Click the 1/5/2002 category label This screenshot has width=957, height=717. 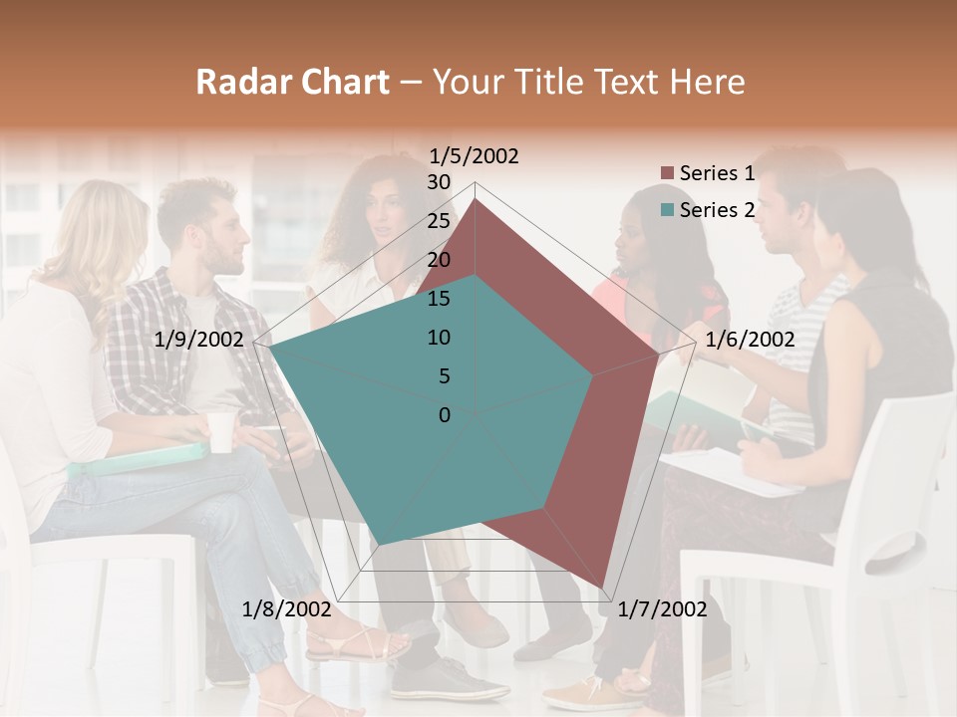(x=475, y=155)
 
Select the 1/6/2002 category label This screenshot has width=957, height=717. (x=750, y=340)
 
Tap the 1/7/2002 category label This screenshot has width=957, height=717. (x=662, y=609)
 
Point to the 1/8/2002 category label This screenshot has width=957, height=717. (x=286, y=609)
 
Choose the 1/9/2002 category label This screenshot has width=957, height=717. (x=199, y=340)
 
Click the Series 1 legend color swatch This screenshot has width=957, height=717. (x=667, y=174)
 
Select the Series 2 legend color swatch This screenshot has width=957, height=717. (x=667, y=210)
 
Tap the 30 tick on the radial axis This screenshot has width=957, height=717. (x=438, y=182)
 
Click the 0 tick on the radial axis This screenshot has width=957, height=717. (x=445, y=415)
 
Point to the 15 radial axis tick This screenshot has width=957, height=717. (x=438, y=299)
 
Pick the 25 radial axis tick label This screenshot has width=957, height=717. (x=438, y=221)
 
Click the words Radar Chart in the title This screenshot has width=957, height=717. (x=292, y=82)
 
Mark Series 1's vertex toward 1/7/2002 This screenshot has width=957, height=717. (x=603, y=589)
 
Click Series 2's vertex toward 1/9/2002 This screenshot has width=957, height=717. (x=270, y=349)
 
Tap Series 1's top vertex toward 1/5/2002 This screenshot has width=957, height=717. (x=475, y=199)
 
